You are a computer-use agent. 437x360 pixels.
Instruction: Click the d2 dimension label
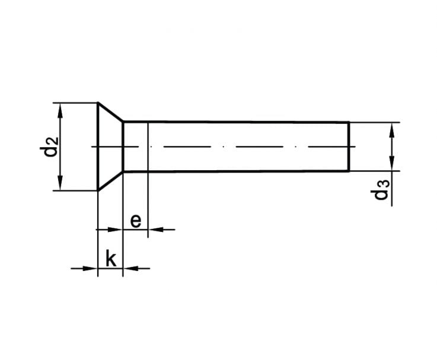tap(49, 147)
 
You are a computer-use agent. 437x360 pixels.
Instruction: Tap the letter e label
tap(136, 221)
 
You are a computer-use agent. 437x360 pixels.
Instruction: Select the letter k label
tap(111, 259)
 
